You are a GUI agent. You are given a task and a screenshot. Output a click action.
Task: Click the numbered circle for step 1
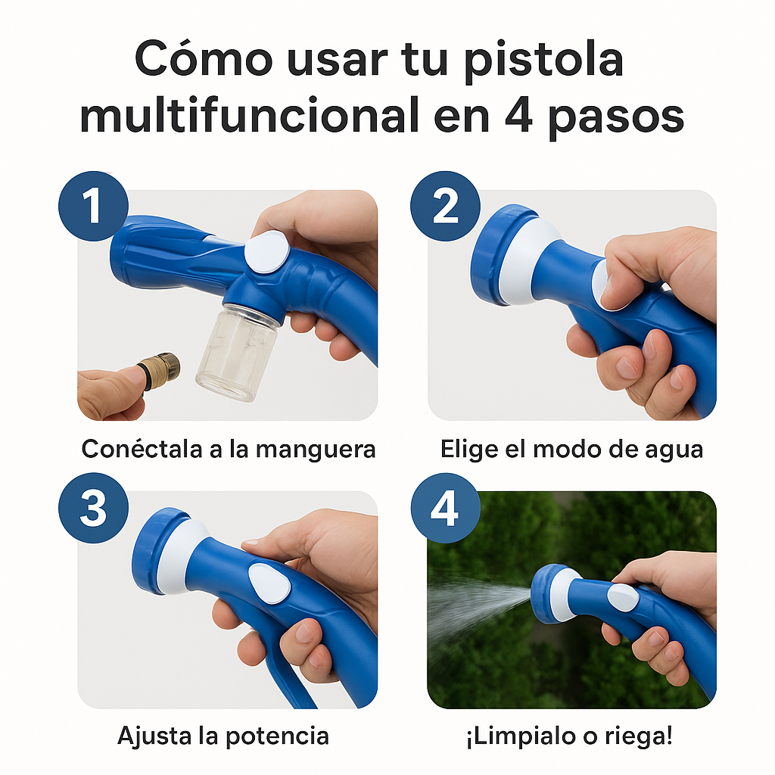[x=93, y=206]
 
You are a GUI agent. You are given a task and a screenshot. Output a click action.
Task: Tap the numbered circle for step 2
[x=445, y=206]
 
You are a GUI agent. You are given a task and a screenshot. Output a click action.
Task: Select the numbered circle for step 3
[x=93, y=508]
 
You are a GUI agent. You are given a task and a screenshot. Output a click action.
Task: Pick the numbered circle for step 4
[x=445, y=508]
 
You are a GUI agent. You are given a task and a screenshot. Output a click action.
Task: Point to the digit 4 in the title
[x=518, y=116]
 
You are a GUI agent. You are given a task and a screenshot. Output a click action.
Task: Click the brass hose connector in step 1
[x=160, y=372]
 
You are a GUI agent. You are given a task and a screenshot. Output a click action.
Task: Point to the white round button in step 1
[x=267, y=251]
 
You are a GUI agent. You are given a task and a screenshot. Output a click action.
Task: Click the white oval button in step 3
[x=269, y=584]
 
